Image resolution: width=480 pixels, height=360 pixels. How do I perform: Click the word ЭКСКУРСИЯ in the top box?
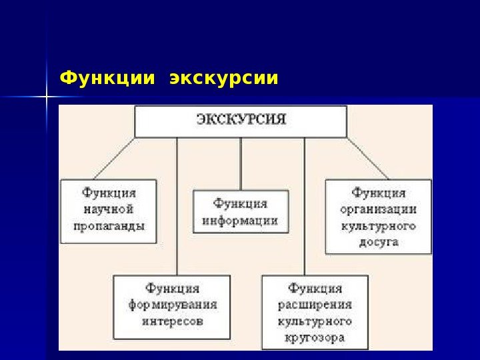point(241,121)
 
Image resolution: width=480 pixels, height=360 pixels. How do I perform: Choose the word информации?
point(241,220)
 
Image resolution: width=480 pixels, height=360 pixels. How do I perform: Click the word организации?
point(379,209)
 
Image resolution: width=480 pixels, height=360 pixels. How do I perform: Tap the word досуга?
point(379,242)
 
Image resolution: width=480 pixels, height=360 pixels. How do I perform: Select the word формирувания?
point(173,305)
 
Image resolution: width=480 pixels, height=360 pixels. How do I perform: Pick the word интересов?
point(173,321)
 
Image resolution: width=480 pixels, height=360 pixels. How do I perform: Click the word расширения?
point(315,305)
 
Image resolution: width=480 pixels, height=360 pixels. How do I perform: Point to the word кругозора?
point(315,338)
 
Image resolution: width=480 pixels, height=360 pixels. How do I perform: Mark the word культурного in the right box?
point(379,225)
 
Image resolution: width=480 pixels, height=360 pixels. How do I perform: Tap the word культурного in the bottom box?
point(315,321)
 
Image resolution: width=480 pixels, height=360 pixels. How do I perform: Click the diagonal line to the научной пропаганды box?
point(115,158)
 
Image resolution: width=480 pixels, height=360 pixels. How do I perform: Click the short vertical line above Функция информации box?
point(241,163)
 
